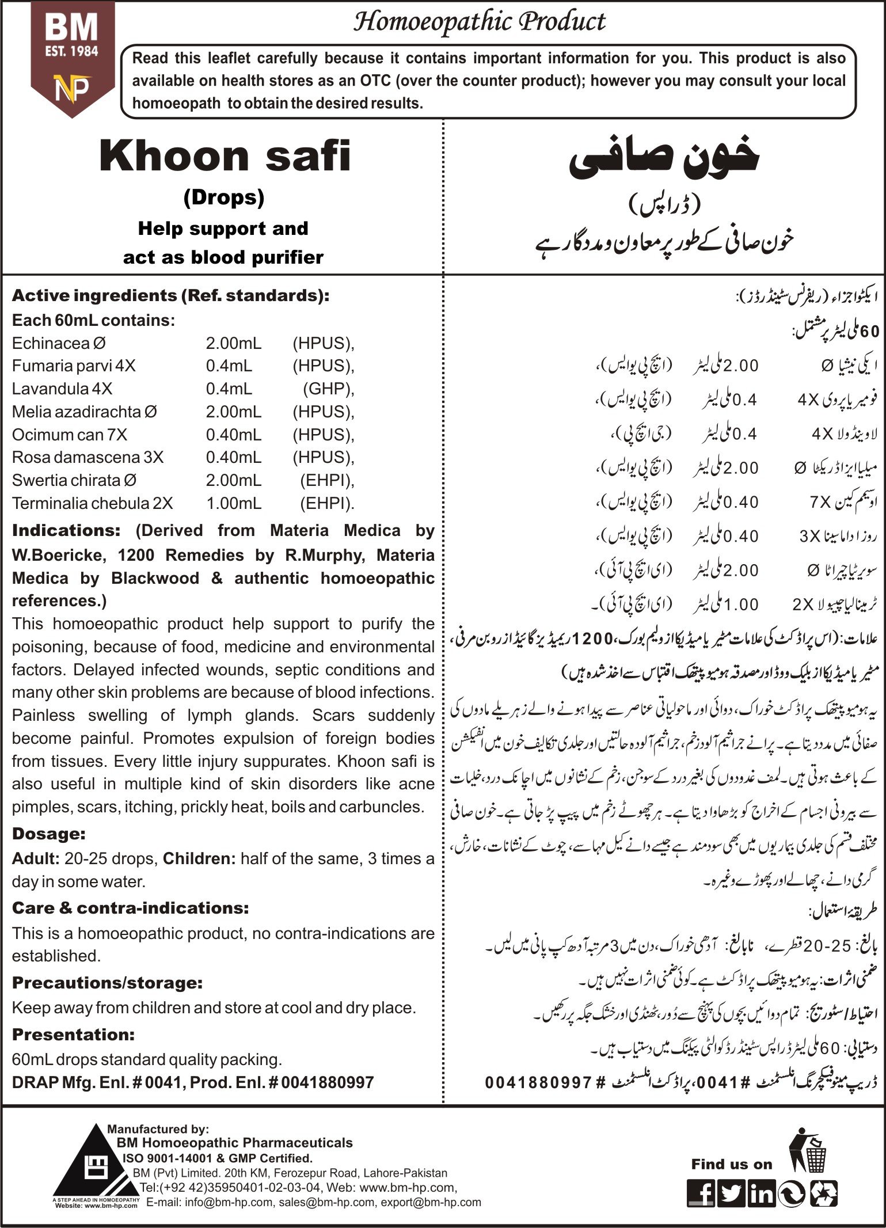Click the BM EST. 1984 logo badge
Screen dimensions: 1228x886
coord(72,58)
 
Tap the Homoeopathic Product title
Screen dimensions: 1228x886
coord(479,22)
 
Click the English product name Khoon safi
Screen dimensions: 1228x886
coord(225,157)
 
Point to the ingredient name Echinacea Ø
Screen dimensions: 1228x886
coord(59,343)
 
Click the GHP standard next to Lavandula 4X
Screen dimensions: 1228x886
coord(328,389)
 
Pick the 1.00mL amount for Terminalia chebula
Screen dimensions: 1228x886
coord(233,503)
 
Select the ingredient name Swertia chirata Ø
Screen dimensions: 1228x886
coord(74,480)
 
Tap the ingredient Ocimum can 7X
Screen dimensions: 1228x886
coord(70,435)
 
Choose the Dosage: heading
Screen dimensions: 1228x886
coord(49,834)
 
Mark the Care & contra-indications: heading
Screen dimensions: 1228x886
coord(131,908)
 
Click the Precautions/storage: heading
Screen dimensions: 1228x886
coord(107,982)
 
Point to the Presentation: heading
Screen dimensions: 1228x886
coord(73,1034)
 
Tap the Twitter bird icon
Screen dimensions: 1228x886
coord(731,1192)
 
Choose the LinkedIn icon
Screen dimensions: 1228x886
coord(761,1192)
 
